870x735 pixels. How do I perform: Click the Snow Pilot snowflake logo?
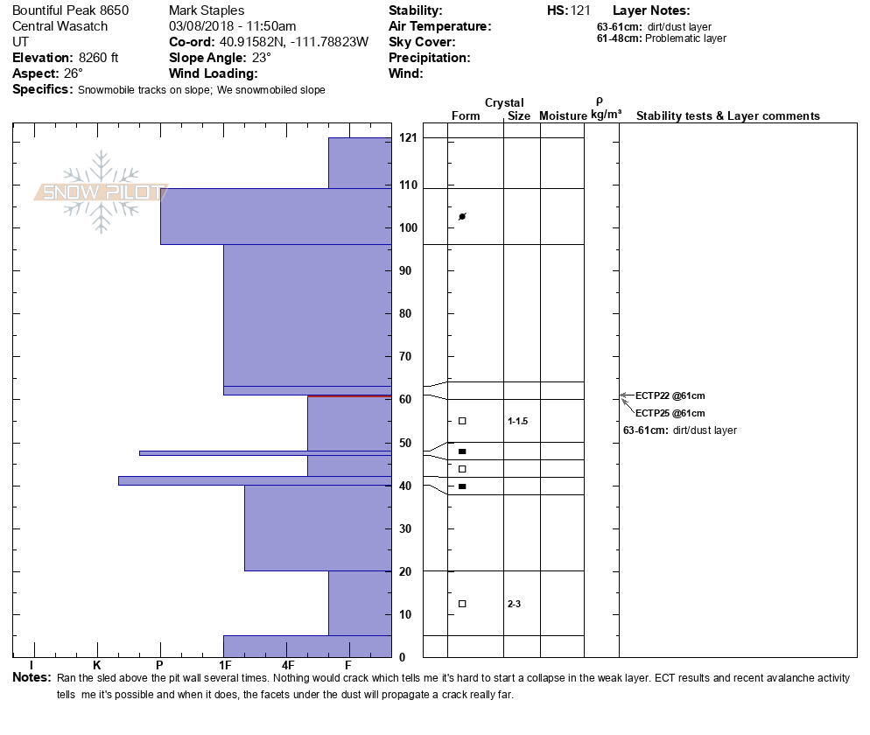[x=102, y=192]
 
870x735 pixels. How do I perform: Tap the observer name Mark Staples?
[x=207, y=10]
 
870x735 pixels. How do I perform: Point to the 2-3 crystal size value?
[x=514, y=604]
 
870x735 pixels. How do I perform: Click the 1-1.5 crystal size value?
[x=518, y=421]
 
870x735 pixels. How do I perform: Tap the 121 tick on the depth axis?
[x=408, y=138]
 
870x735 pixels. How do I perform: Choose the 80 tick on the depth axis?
[x=405, y=313]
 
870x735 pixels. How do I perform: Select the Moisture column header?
[x=563, y=116]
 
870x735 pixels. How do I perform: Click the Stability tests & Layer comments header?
[x=727, y=116]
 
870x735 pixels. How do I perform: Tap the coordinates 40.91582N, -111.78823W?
[x=294, y=42]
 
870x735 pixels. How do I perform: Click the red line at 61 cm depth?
[x=349, y=396]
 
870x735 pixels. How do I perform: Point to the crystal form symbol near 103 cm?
[x=462, y=216]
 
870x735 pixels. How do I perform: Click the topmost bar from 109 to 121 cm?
[x=360, y=163]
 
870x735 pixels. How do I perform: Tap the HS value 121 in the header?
[x=581, y=10]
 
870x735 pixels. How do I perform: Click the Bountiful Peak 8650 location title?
[x=71, y=10]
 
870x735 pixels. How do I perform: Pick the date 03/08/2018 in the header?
[x=201, y=26]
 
